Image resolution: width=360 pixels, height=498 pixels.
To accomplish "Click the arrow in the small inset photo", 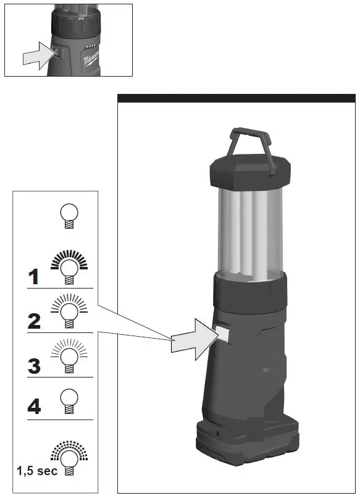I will click(36, 56).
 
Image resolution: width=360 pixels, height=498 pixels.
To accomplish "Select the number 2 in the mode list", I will click(35, 321).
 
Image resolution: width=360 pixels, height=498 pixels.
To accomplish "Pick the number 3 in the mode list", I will click(35, 365).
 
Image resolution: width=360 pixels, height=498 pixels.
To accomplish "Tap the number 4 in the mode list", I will click(35, 407).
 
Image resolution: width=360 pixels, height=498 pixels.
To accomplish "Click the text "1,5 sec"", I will click(36, 471).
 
